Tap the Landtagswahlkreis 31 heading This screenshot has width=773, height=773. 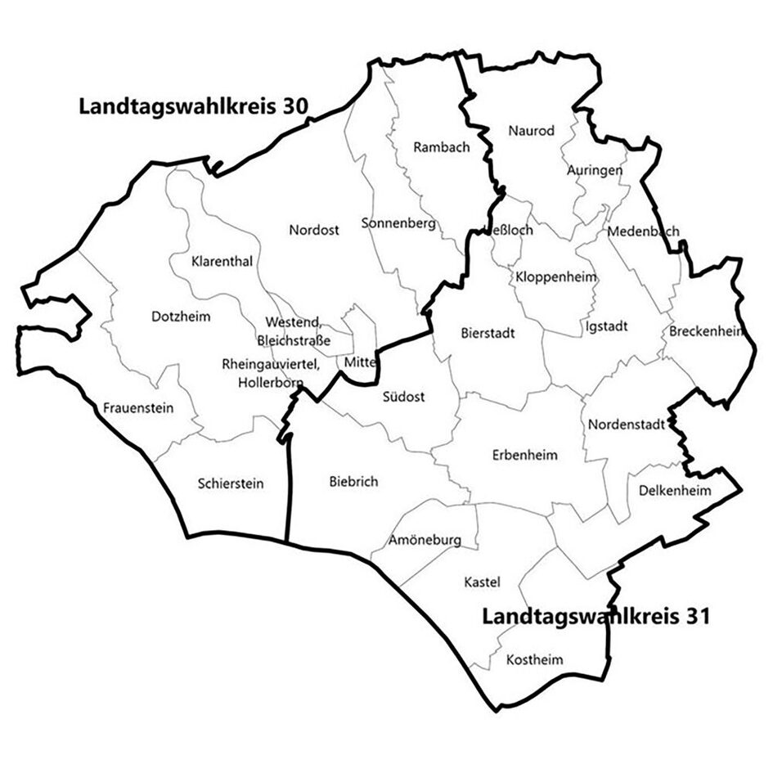pyautogui.click(x=595, y=615)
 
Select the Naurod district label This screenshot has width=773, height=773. pyautogui.click(x=531, y=131)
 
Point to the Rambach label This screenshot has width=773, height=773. pyautogui.click(x=442, y=148)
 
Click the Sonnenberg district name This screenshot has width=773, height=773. pyautogui.click(x=398, y=223)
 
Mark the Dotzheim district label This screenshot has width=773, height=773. pyautogui.click(x=182, y=316)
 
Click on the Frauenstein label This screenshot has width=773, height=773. pyautogui.click(x=138, y=407)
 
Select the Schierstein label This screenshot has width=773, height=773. pyautogui.click(x=231, y=483)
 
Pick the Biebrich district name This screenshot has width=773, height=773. pyautogui.click(x=353, y=482)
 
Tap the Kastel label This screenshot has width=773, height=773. pyautogui.click(x=482, y=582)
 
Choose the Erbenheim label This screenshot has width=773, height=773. pyautogui.click(x=525, y=455)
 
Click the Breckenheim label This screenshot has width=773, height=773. pyautogui.click(x=705, y=332)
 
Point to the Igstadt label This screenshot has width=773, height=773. pyautogui.click(x=607, y=326)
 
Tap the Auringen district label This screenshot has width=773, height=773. pyautogui.click(x=595, y=170)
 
